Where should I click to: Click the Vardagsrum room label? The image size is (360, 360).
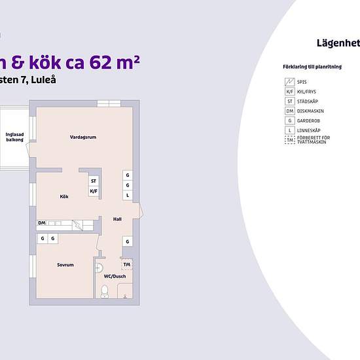tap(83, 137)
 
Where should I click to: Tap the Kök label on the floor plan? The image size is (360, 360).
tap(64, 196)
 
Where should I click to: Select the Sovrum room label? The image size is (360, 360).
tap(65, 265)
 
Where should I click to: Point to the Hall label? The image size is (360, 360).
tap(117, 219)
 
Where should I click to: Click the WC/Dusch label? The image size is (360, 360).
tap(115, 276)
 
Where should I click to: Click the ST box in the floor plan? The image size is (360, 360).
tap(94, 181)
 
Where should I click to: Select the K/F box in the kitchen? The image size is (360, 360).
tap(94, 191)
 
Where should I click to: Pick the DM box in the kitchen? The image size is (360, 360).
tap(41, 223)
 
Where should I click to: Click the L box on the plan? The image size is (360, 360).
tap(128, 195)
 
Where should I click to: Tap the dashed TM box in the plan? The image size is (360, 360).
tap(127, 264)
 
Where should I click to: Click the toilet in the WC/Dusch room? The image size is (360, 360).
tap(104, 291)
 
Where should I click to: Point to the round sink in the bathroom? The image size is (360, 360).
tap(99, 267)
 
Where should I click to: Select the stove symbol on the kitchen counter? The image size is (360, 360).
tap(77, 224)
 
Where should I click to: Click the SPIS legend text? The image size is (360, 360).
tap(302, 82)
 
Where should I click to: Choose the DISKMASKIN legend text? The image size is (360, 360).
tap(310, 111)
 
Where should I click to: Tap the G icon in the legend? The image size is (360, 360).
tap(289, 121)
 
